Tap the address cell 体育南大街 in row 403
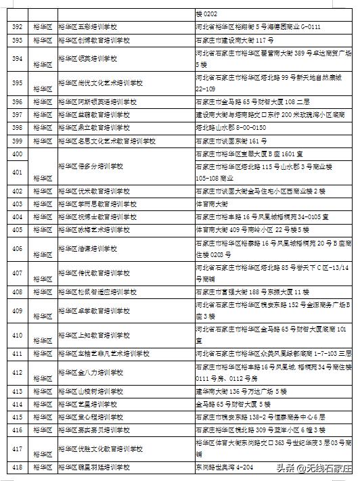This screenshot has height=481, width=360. pyautogui.click(x=210, y=204)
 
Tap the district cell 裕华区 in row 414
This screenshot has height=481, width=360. pyautogui.click(x=43, y=404)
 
